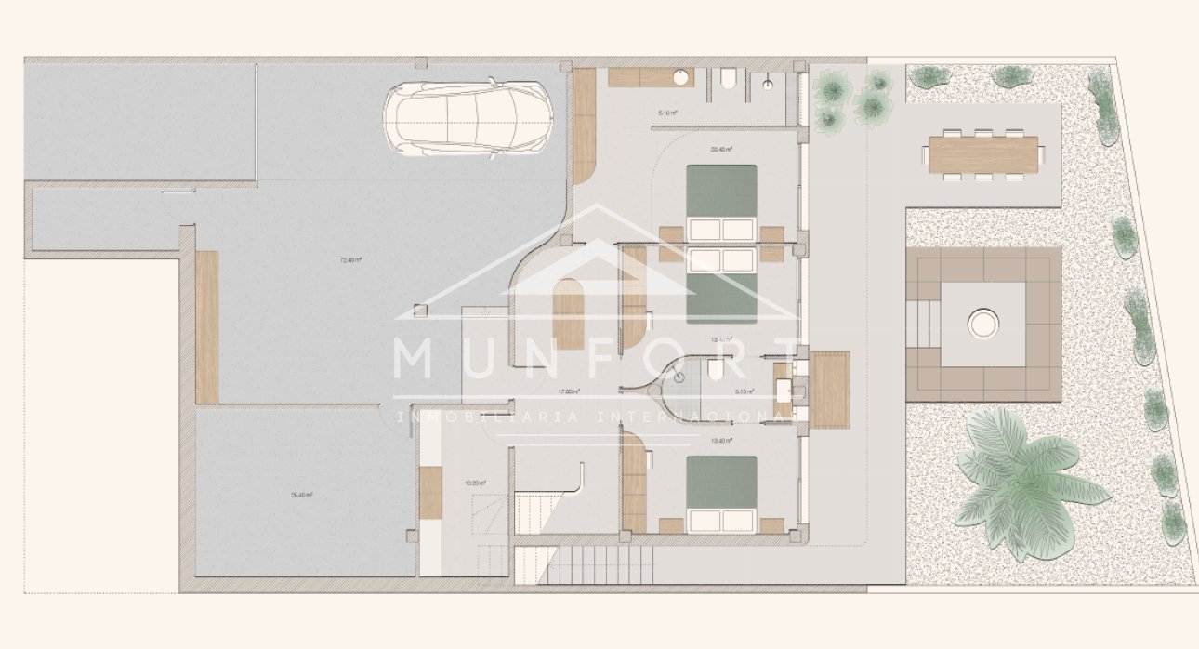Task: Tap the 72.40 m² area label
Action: [x=349, y=260]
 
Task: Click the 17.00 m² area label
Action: [x=569, y=391]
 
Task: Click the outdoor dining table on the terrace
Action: [x=983, y=154]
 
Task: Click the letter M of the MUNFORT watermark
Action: [x=415, y=359]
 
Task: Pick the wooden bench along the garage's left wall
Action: [x=207, y=326]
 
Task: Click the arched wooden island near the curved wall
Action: [x=569, y=314]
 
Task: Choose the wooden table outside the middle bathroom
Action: [x=830, y=389]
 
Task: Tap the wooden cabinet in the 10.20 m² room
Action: [x=430, y=492]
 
